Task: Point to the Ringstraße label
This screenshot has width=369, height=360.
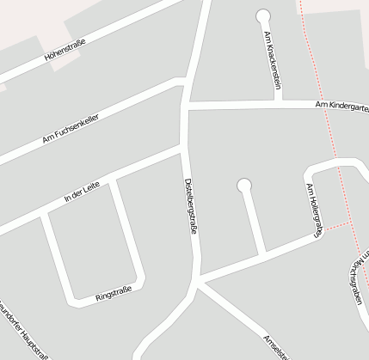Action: pyautogui.click(x=114, y=294)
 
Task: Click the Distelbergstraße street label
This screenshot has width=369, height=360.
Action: pyautogui.click(x=191, y=207)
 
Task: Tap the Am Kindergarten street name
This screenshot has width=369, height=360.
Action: pyautogui.click(x=341, y=104)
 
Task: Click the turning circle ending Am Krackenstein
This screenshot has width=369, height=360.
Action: pyautogui.click(x=262, y=15)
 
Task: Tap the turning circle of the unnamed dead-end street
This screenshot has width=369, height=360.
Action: pyautogui.click(x=243, y=184)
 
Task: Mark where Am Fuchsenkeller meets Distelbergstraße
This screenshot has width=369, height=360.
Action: pyautogui.click(x=183, y=82)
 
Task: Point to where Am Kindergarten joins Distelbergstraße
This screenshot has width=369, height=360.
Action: pyautogui.click(x=186, y=106)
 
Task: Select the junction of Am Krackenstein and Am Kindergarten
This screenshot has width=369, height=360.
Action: pyautogui.click(x=278, y=104)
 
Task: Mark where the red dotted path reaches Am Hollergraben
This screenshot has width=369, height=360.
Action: pyautogui.click(x=327, y=228)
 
